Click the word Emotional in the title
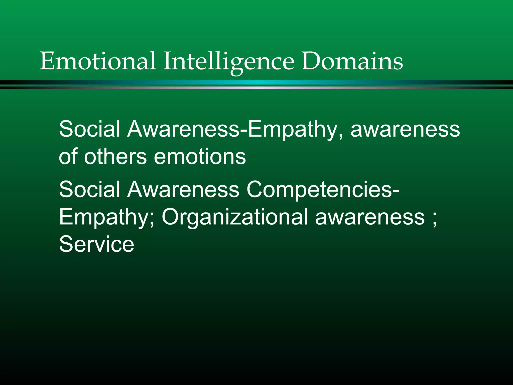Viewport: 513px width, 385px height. [98, 61]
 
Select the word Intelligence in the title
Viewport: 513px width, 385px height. [228, 61]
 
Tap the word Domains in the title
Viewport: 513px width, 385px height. [352, 61]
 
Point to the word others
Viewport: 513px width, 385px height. [115, 156]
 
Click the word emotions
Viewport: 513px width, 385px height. [200, 156]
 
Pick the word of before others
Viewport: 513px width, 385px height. [68, 156]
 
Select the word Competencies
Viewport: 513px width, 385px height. [320, 190]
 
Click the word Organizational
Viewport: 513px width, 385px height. [235, 217]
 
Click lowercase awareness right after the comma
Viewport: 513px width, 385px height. [405, 129]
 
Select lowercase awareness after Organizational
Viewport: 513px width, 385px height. [370, 217]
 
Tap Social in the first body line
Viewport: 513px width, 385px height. [89, 129]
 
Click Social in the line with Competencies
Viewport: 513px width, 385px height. [89, 189]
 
